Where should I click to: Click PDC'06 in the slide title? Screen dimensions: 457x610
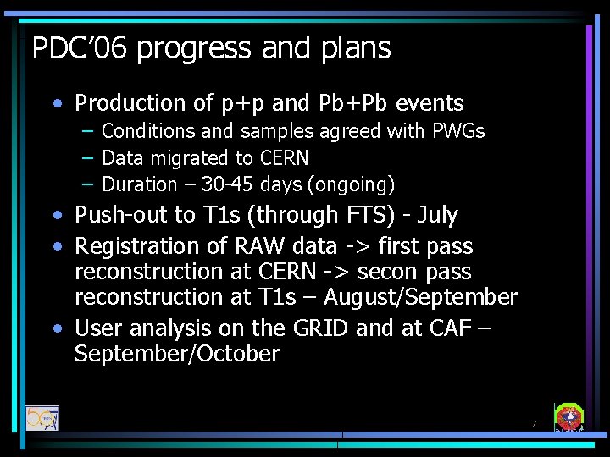click(x=80, y=48)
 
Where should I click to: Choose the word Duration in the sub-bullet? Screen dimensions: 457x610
click(x=138, y=184)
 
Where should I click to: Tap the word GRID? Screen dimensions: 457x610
click(x=318, y=328)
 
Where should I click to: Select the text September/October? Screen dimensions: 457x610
click(x=176, y=354)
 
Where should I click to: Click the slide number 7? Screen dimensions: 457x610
click(x=534, y=423)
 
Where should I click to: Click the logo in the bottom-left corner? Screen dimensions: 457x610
click(x=42, y=418)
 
